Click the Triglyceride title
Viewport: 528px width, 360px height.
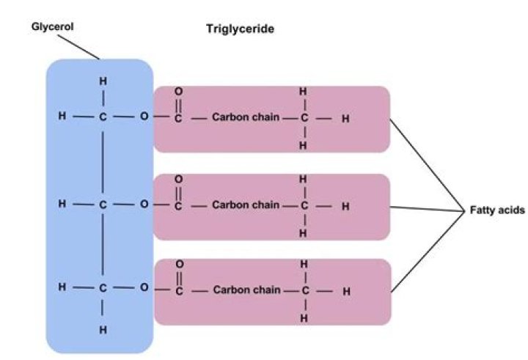pyautogui.click(x=240, y=30)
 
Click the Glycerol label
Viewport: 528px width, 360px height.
pyautogui.click(x=53, y=26)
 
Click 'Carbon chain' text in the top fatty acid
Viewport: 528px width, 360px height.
pyautogui.click(x=246, y=117)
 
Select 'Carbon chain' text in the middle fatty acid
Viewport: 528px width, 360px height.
pyautogui.click(x=246, y=205)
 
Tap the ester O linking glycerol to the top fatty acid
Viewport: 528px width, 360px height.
pyautogui.click(x=144, y=117)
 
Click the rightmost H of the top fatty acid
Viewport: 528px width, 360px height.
pyautogui.click(x=345, y=118)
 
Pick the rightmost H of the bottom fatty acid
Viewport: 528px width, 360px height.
pyautogui.click(x=346, y=291)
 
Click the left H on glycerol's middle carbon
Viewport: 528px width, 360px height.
pyautogui.click(x=62, y=205)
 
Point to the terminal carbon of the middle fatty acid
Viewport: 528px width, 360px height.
pyautogui.click(x=303, y=206)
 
